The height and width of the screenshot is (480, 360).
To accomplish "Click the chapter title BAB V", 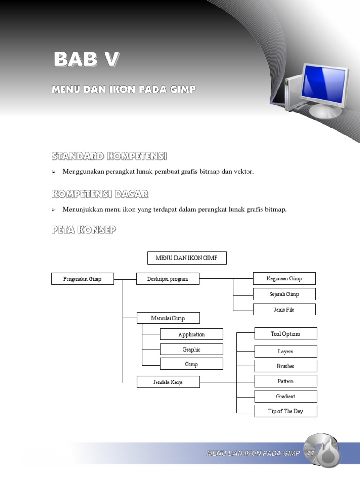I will click(86, 60).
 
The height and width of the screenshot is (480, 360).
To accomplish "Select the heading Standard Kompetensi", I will click(109, 156).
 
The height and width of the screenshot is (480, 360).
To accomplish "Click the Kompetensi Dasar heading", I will click(100, 194).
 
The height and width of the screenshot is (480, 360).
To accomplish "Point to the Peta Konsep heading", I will click(83, 230).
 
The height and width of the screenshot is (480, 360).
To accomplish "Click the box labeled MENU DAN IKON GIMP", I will click(187, 258).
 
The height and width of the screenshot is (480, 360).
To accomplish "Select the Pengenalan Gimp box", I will click(82, 279).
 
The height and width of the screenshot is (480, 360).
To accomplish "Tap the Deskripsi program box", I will click(168, 279).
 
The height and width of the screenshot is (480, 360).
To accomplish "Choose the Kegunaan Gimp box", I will click(284, 278).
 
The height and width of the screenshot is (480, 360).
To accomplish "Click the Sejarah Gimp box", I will click(284, 294).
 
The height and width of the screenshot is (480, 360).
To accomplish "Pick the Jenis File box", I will click(284, 309).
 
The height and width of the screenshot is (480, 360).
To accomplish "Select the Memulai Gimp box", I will click(168, 318).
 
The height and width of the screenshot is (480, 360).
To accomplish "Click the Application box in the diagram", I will click(191, 334).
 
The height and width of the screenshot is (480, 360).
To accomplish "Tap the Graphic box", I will click(191, 349).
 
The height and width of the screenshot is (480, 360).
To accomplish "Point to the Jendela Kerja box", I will click(168, 382).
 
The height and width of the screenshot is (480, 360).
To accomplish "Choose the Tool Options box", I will click(285, 334).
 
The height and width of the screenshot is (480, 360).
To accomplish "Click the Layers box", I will click(285, 351).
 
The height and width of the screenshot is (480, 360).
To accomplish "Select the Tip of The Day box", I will click(285, 411).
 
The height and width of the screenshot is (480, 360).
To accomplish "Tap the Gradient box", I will click(285, 396).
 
